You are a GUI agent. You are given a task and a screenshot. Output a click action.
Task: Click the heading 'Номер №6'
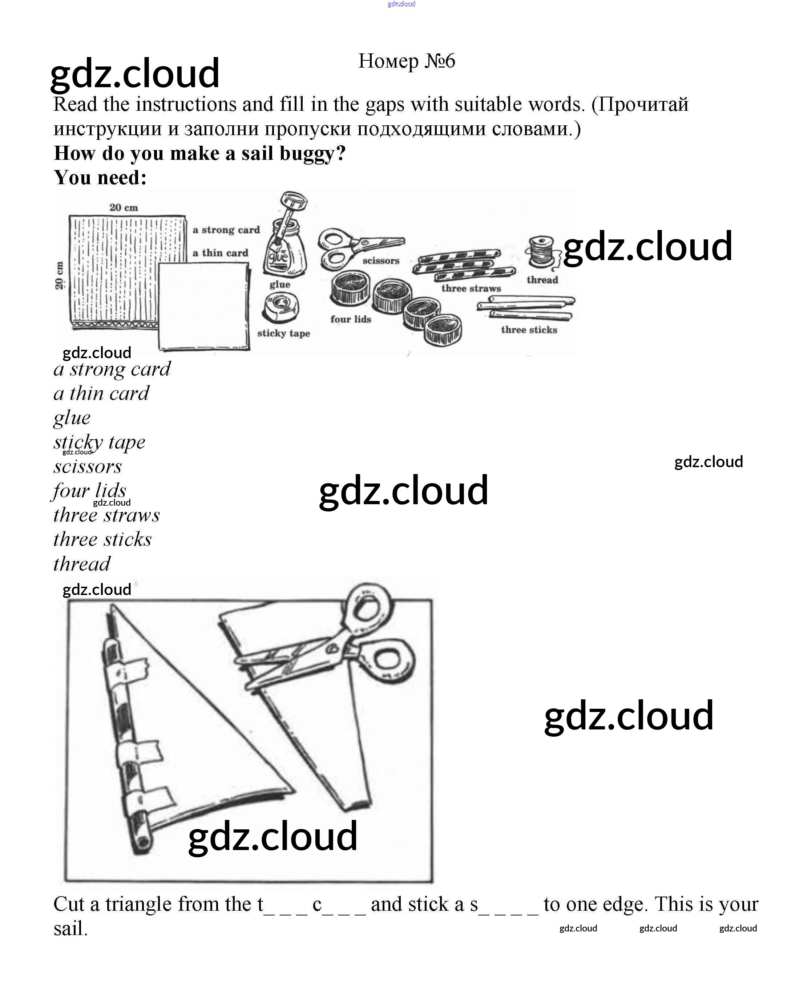407,61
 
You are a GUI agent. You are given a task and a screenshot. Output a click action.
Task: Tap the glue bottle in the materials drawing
283,250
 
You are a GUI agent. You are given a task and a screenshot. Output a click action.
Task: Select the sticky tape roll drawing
280,308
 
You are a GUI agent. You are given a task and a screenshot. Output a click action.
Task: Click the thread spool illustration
541,252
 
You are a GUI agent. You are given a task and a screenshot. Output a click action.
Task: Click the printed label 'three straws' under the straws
471,288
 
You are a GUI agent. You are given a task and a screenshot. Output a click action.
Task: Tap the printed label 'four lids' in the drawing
351,319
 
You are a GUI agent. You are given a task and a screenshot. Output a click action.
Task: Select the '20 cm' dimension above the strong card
124,208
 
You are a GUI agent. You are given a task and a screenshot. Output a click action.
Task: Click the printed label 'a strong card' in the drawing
226,230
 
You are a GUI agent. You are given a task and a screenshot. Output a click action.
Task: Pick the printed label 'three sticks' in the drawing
529,330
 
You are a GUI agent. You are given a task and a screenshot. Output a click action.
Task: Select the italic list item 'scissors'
88,466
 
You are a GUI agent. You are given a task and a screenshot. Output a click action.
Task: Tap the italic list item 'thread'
82,564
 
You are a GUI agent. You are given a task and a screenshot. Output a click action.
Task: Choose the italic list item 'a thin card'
101,393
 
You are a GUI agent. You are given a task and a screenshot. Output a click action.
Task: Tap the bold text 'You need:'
100,178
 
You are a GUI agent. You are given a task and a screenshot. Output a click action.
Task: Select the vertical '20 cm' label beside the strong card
60,276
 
